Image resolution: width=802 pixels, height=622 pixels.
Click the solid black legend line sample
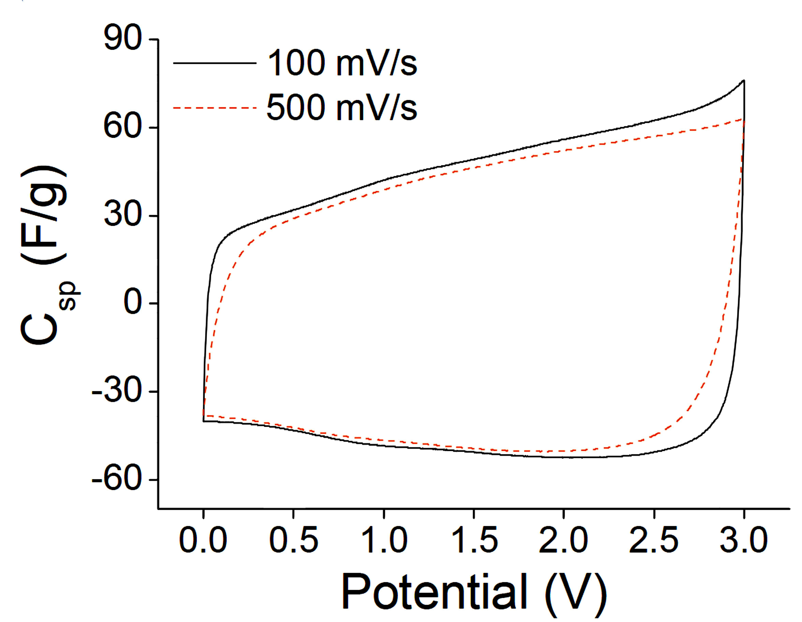pos(215,63)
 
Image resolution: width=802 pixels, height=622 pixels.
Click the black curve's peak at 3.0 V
pos(744,80)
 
